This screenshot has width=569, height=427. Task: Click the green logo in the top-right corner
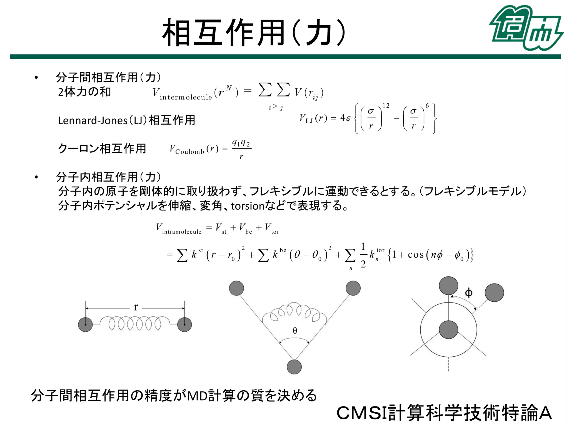tap(526, 28)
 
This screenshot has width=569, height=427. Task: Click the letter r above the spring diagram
tap(136, 307)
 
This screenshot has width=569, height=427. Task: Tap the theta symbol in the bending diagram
tap(295, 331)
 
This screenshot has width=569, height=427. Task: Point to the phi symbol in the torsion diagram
tap(468, 293)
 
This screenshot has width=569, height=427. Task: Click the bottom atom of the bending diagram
tap(294, 367)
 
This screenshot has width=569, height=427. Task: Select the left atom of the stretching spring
tap(85, 324)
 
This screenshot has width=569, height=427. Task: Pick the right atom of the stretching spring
tap(184, 324)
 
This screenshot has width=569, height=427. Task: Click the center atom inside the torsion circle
tap(448, 330)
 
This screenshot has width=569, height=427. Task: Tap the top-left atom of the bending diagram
tap(236, 288)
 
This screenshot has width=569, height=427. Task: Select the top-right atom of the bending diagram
tap(353, 288)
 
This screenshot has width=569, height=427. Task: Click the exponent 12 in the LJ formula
tap(386, 106)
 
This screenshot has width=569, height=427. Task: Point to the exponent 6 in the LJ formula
tap(427, 106)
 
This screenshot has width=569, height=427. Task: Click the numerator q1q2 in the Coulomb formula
tap(241, 143)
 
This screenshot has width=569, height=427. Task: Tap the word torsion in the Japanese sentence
tap(247, 206)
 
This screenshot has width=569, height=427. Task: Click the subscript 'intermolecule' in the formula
tap(186, 97)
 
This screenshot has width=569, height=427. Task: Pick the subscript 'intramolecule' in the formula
tap(182, 232)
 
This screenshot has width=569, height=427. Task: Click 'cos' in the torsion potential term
tap(416, 255)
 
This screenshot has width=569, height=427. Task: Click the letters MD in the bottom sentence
tap(198, 396)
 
